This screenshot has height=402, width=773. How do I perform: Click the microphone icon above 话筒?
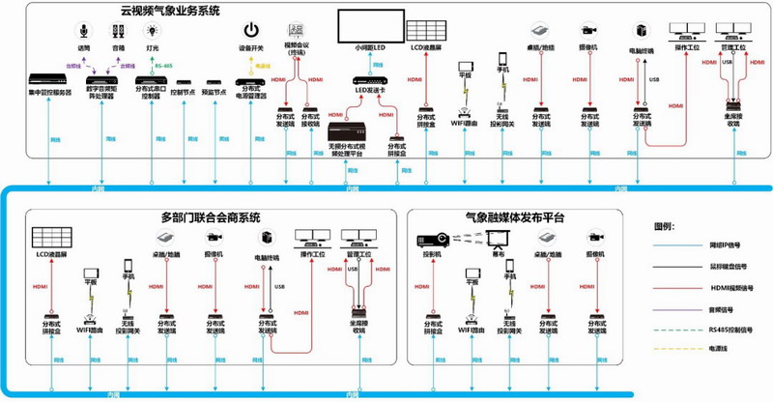[x=83, y=30]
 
